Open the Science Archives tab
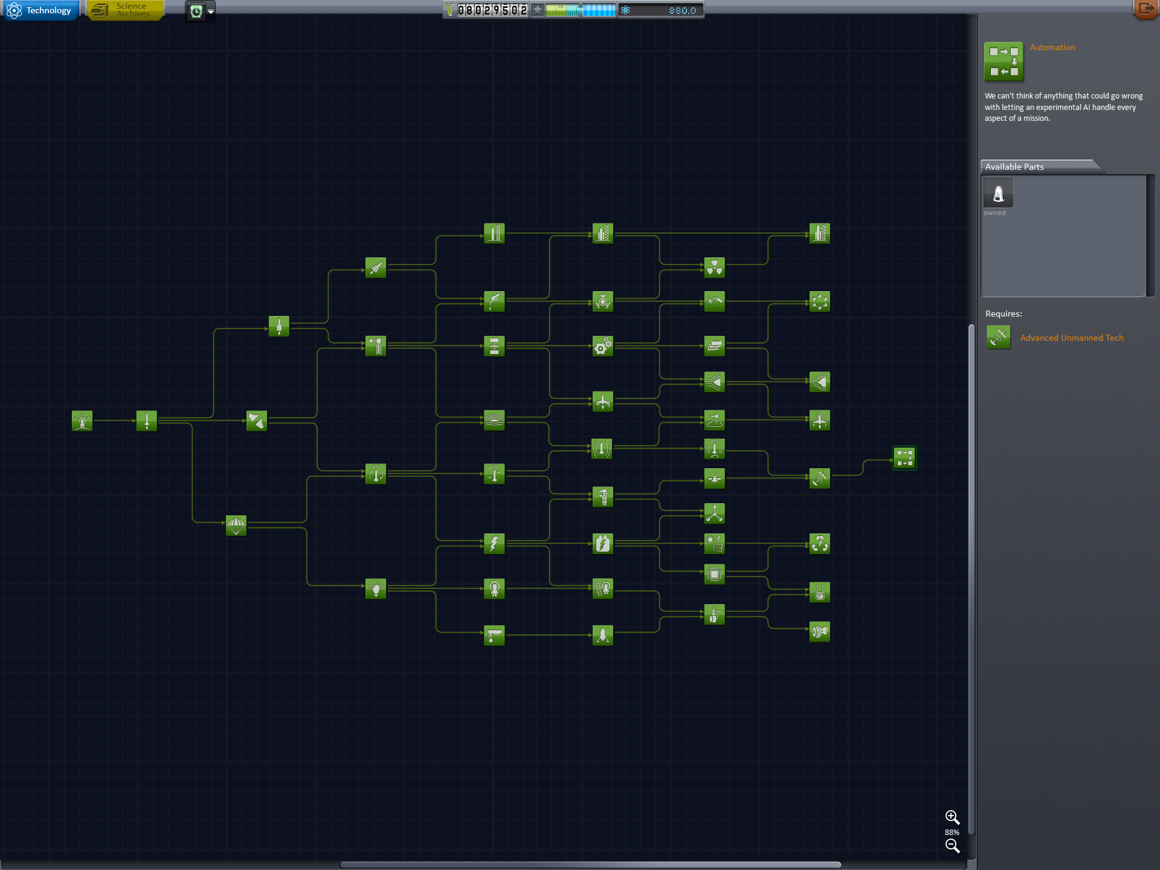pyautogui.click(x=125, y=10)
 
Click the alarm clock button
pyautogui.click(x=196, y=11)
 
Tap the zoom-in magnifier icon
pyautogui.click(x=952, y=817)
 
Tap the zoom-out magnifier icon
pyautogui.click(x=952, y=846)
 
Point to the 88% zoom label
pyautogui.click(x=952, y=832)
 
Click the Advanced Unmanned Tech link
pyautogui.click(x=1072, y=338)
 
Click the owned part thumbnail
pyautogui.click(x=998, y=193)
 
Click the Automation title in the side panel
pyautogui.click(x=1052, y=47)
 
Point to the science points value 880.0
pyautogui.click(x=682, y=10)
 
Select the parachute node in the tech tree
pyautogui.click(x=236, y=526)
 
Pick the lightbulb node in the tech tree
pyautogui.click(x=376, y=588)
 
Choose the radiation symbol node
pyautogui.click(x=714, y=267)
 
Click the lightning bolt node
pyautogui.click(x=494, y=544)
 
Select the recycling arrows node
pyautogui.click(x=820, y=544)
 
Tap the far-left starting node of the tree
pyautogui.click(x=82, y=420)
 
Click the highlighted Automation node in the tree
pyautogui.click(x=904, y=457)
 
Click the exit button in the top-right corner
pyautogui.click(x=1145, y=9)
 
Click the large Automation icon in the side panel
pyautogui.click(x=1004, y=61)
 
